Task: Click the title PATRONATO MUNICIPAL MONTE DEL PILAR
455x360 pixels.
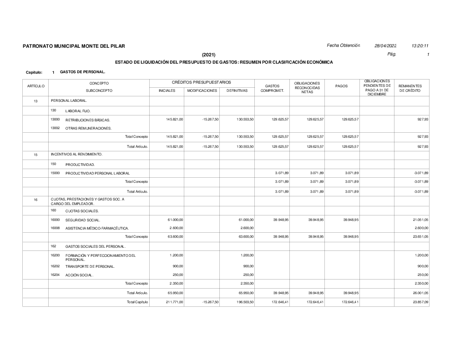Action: coord(73,46)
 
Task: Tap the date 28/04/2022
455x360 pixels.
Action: coord(385,45)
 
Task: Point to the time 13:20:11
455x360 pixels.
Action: coord(420,45)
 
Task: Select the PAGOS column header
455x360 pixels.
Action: coord(342,85)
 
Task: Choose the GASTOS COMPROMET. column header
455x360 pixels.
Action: coord(272,88)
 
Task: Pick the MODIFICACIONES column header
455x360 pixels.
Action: coord(202,91)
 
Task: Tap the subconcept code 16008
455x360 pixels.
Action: coord(55,228)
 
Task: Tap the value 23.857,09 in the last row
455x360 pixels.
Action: coord(420,302)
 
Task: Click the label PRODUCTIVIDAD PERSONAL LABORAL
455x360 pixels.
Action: coord(97,173)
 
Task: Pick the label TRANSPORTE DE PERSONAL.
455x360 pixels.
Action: coord(90,266)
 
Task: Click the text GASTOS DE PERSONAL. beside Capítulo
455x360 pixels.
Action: coord(82,72)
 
